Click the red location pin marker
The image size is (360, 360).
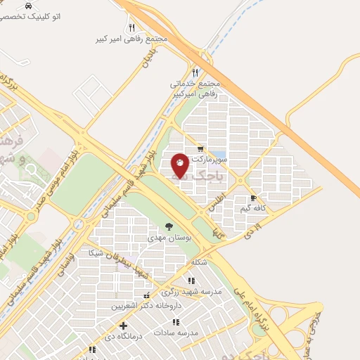tap(180, 166)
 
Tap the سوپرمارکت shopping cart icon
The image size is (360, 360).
tap(200, 149)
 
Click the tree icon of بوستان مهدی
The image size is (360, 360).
tap(168, 226)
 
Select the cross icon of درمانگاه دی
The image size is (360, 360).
tap(123, 326)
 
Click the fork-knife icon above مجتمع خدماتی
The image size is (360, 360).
tap(195, 72)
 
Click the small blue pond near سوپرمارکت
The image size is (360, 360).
tap(219, 154)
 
